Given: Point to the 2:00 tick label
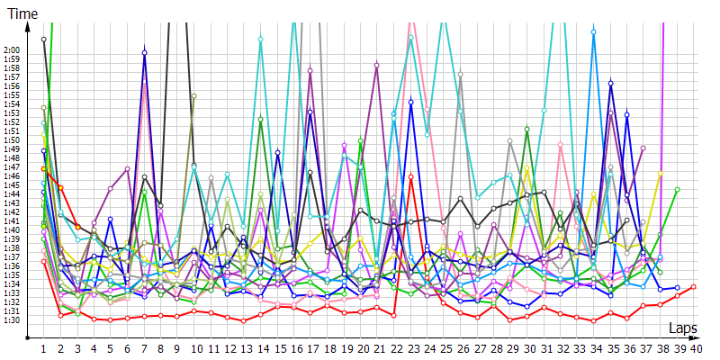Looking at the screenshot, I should click(x=13, y=50).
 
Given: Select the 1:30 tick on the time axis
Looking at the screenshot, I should click(x=13, y=320).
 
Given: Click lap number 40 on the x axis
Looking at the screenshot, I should click(x=696, y=348).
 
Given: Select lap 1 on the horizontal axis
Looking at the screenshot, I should click(x=43, y=348).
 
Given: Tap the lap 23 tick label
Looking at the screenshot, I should click(x=411, y=348).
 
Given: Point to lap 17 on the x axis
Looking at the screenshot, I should click(x=310, y=348).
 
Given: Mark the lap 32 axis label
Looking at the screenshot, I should click(x=562, y=348).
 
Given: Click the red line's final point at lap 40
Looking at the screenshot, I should click(x=694, y=286).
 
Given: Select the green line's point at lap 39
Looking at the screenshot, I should click(x=677, y=190).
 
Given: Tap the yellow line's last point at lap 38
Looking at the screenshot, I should click(x=661, y=173).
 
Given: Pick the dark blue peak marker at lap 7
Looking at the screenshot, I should click(x=144, y=53).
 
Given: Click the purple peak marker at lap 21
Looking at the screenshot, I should click(x=376, y=65).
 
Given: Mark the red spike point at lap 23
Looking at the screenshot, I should click(x=410, y=176).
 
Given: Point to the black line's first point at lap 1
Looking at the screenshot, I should click(x=43, y=40).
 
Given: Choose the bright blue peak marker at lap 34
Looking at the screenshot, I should click(x=594, y=32).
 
